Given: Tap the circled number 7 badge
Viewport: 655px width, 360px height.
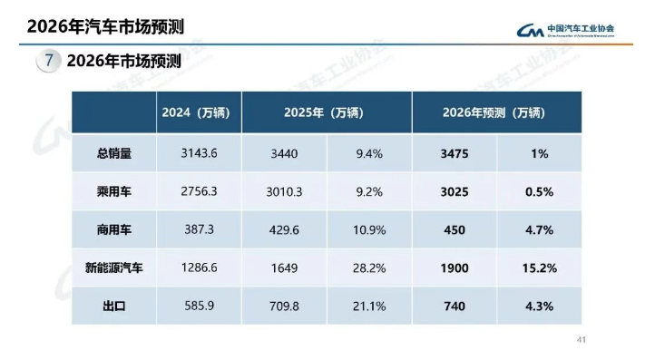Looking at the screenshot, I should coord(48,62).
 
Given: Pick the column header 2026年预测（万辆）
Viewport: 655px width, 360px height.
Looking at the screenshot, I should coord(494,112).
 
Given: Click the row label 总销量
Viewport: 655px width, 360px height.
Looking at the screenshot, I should coord(114,154).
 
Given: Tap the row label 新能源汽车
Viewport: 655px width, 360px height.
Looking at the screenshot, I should coord(114,268).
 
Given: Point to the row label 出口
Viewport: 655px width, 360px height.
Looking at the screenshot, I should coord(114,306).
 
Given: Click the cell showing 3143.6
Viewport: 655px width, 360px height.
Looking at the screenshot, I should coord(200,154).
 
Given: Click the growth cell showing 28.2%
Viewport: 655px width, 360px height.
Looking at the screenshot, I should coord(370,268).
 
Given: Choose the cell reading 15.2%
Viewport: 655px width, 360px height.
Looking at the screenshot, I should coord(540,268).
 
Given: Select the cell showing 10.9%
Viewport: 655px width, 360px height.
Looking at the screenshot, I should coord(370,230).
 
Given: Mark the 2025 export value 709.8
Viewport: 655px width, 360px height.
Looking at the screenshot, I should coord(283,306).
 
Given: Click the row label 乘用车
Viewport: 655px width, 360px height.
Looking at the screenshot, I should coord(114,192).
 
